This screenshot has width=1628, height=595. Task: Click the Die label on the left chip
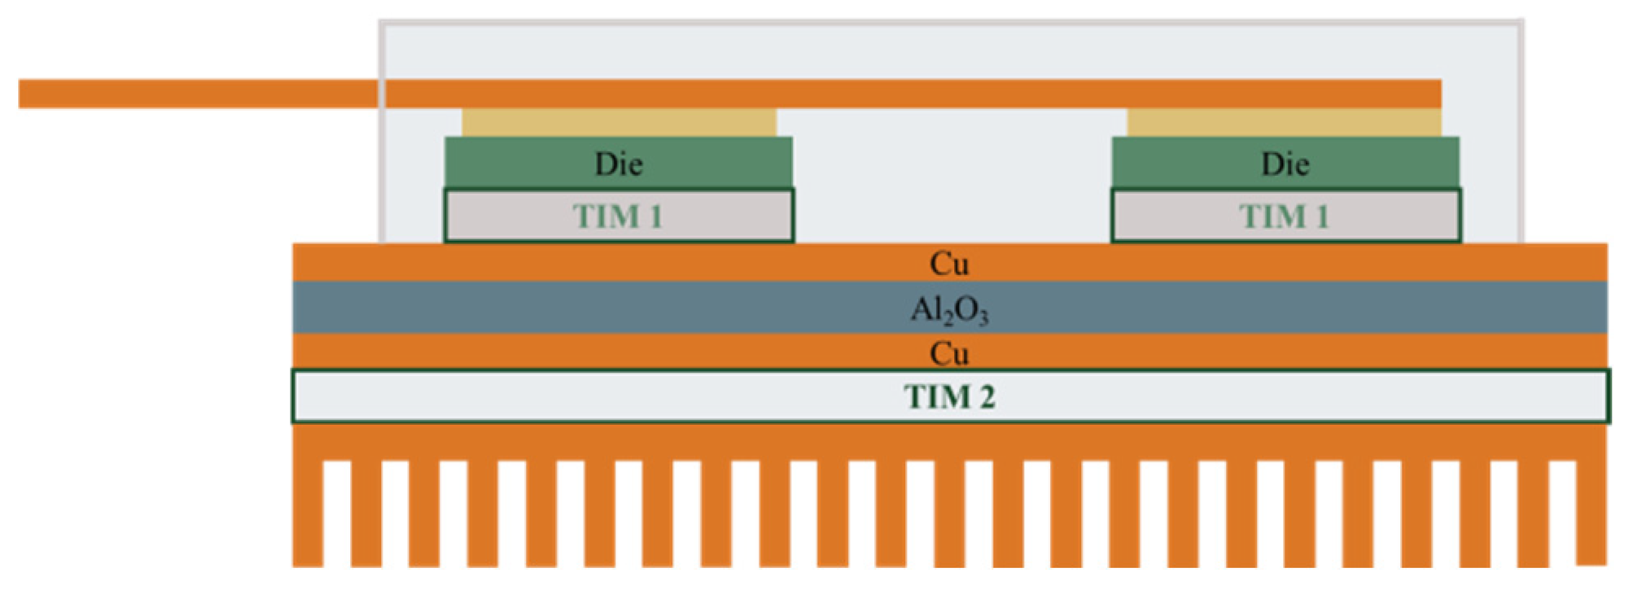tap(619, 164)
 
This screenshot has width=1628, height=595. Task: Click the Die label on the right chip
tap(1285, 164)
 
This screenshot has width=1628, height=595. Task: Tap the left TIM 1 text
tap(618, 217)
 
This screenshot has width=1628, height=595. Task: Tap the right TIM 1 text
tap(1284, 217)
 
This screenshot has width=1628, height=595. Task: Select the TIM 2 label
tap(949, 397)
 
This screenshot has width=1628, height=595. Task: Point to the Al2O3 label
tap(949, 309)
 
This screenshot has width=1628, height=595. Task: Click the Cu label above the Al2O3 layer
tap(949, 264)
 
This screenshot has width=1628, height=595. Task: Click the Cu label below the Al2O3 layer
tap(949, 353)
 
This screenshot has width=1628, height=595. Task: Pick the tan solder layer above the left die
tap(619, 123)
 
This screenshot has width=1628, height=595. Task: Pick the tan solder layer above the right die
tap(1284, 123)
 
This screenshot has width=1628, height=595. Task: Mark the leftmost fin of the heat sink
tap(308, 513)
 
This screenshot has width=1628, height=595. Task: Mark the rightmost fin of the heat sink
tap(1591, 513)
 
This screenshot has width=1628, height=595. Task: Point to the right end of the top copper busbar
tap(1433, 94)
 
